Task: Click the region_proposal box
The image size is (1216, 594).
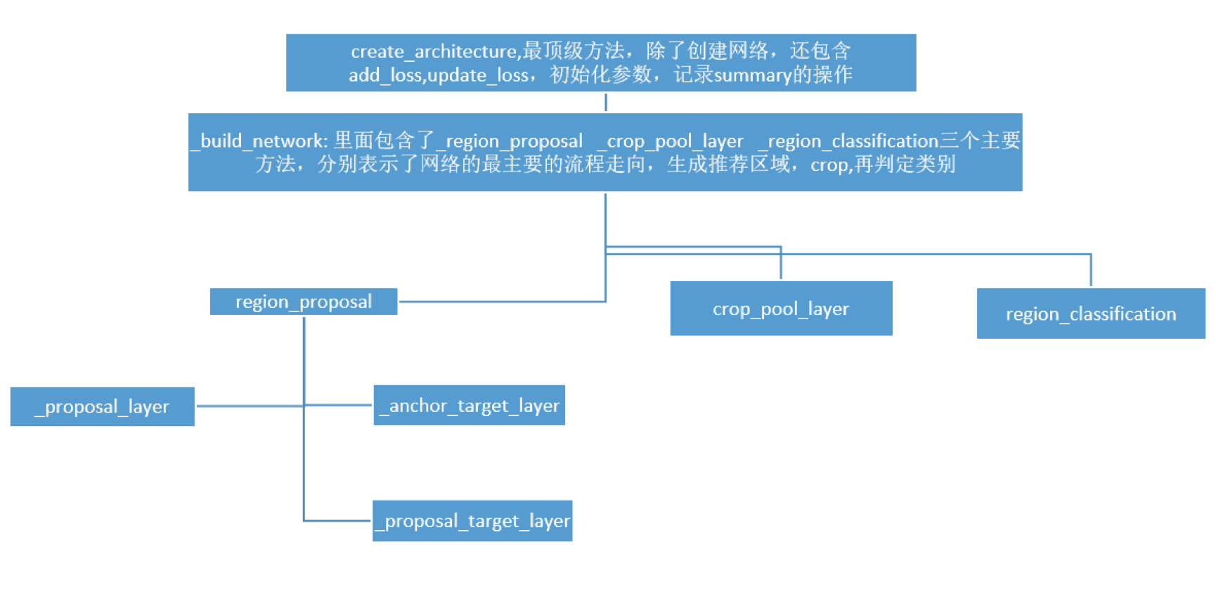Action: (x=303, y=302)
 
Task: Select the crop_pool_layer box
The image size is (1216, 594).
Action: (x=780, y=309)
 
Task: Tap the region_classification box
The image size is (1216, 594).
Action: (x=1090, y=314)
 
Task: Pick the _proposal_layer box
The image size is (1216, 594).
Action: (x=102, y=406)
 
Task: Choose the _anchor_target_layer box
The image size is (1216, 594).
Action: (x=469, y=405)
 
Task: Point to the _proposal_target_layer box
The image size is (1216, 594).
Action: (x=472, y=521)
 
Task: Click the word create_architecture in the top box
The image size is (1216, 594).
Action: (x=434, y=51)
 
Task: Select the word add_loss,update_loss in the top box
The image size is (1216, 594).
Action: (x=438, y=75)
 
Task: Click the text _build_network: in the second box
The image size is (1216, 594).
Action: (x=259, y=141)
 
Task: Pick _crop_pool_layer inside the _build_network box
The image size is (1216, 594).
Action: (x=669, y=141)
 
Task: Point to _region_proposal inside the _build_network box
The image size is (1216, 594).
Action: (x=509, y=141)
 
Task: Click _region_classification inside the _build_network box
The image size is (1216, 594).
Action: (x=848, y=141)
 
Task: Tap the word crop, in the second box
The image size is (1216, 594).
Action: (x=831, y=165)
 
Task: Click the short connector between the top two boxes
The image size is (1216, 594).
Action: (x=605, y=103)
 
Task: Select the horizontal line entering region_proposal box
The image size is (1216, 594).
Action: (x=500, y=302)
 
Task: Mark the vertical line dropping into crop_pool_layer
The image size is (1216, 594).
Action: (x=780, y=264)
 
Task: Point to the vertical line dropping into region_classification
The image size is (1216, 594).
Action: (x=1090, y=271)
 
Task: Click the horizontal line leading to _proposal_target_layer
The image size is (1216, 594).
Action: (x=337, y=521)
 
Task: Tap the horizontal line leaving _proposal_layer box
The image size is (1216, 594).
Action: (x=249, y=406)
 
